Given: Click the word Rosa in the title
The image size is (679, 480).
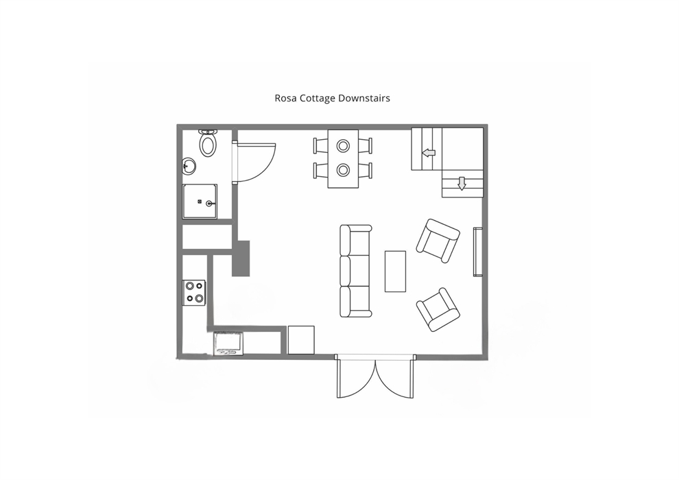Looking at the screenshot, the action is [283, 98].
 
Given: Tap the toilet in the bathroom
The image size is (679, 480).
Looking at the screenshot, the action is [208, 143].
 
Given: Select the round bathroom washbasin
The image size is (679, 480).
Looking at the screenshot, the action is [189, 166].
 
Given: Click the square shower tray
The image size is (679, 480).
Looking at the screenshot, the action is [200, 202].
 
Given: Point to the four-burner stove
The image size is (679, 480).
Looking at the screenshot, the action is [194, 293].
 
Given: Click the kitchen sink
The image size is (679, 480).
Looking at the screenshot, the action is [228, 344].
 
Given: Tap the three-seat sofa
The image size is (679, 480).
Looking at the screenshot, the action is [355, 271].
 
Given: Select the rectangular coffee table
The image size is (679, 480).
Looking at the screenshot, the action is [395, 272].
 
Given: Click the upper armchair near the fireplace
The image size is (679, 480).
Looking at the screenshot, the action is [438, 241].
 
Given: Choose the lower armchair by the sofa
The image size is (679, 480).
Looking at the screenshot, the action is [438, 309].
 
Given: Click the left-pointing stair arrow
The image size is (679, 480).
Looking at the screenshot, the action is [429, 152].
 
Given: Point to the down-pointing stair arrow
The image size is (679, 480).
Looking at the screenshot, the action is [462, 184].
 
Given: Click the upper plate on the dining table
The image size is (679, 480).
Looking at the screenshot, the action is [343, 146].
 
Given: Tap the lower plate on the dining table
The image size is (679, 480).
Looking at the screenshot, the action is [343, 170].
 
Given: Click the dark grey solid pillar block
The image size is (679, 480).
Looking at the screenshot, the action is [241, 259].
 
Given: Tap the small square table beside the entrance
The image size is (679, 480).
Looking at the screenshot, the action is [301, 339].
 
